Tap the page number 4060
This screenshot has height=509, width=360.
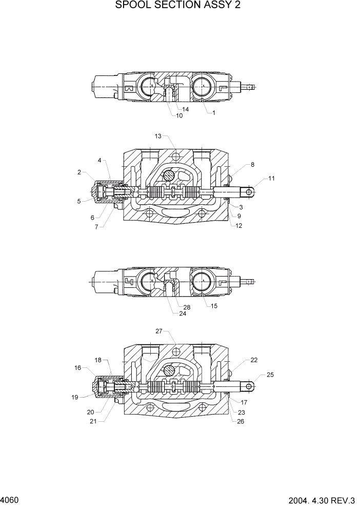click(10, 499)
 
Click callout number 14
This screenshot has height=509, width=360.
click(185, 109)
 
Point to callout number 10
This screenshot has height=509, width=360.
click(179, 115)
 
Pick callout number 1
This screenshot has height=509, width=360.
click(214, 113)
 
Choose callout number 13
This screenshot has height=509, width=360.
click(158, 136)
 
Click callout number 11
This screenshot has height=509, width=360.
click(271, 178)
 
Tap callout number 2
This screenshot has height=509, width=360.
click(79, 172)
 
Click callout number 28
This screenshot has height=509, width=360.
click(187, 307)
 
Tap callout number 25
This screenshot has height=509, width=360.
click(270, 375)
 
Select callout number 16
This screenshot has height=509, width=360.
click(78, 367)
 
